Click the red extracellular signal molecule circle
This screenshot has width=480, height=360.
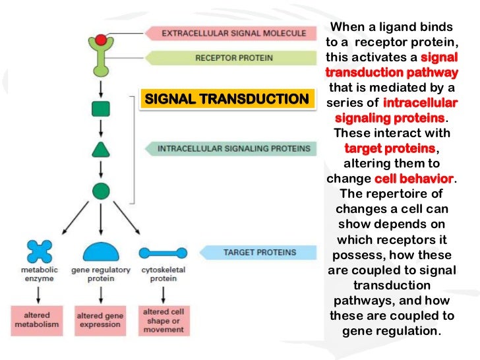click(x=100, y=40)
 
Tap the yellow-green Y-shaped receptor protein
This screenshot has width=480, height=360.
click(x=100, y=60)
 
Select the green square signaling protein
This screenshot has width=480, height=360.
click(x=100, y=107)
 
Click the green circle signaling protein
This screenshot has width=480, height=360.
click(x=100, y=191)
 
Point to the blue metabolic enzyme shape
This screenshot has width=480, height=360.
click(x=39, y=252)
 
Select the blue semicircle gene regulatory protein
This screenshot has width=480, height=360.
click(x=100, y=251)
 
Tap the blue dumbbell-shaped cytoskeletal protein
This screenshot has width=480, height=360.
click(x=162, y=252)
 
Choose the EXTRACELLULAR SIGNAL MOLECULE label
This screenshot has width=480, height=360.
click(x=233, y=33)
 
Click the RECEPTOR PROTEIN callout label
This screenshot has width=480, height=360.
click(x=233, y=58)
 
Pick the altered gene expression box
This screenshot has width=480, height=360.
click(x=100, y=319)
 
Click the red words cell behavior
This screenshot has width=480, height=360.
click(x=413, y=179)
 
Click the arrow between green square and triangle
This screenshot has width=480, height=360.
click(x=100, y=128)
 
